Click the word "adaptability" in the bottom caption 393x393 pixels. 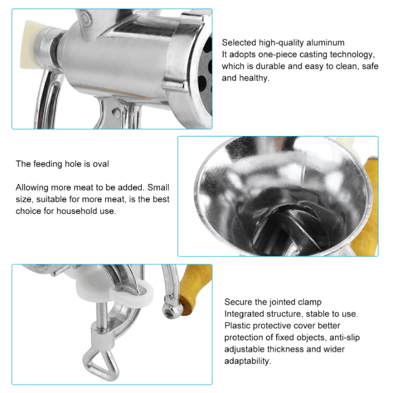click(248, 361)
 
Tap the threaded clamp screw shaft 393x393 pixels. click(101, 316)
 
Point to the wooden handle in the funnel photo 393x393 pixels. click(365, 206)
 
